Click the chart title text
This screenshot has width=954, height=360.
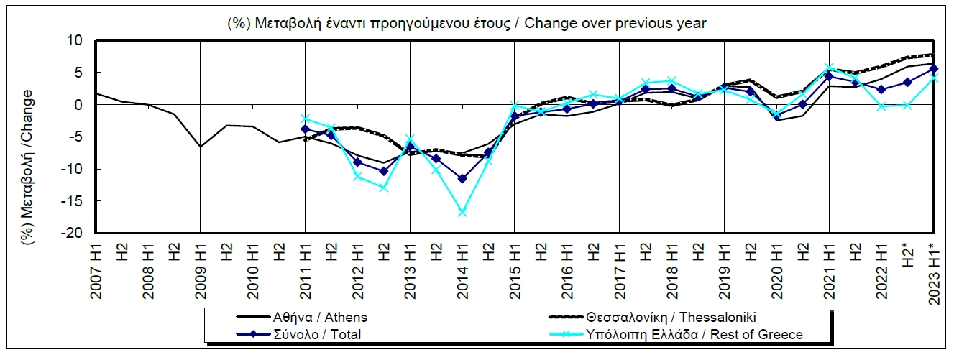coord(467,23)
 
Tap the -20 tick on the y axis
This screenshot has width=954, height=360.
coord(73,234)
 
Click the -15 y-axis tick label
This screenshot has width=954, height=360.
coord(73,202)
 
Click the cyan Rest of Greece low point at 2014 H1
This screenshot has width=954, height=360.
coord(462,213)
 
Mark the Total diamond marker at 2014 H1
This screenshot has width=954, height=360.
coord(462,179)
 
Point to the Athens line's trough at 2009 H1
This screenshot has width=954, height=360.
coord(200,147)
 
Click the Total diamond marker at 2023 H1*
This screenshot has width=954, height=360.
coord(934,69)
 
